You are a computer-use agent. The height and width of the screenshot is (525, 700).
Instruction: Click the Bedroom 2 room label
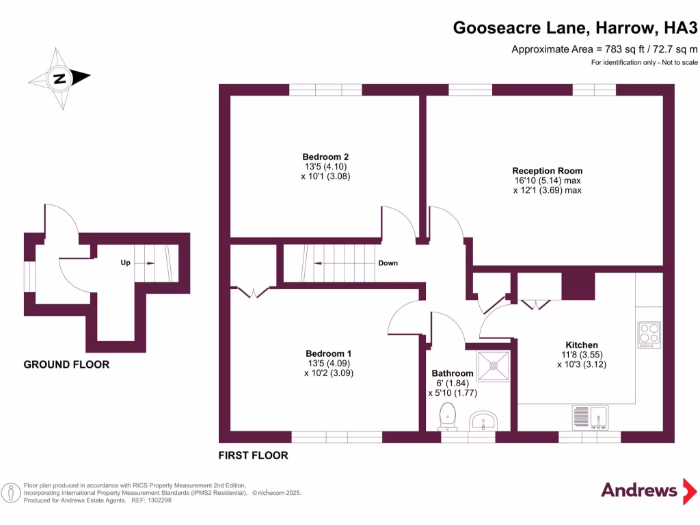(x=321, y=157)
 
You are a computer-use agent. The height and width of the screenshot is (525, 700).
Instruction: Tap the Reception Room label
(x=548, y=171)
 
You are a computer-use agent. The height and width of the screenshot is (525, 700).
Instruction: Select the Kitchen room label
(x=581, y=345)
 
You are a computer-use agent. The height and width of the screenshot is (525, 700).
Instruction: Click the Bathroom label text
(x=452, y=373)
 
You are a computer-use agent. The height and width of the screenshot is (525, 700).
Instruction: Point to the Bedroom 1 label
(x=328, y=353)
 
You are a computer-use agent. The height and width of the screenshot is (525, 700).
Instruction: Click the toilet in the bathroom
(x=448, y=415)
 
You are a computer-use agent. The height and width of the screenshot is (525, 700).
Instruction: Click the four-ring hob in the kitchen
(x=649, y=334)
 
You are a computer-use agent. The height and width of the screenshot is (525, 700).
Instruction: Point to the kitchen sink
(x=590, y=416)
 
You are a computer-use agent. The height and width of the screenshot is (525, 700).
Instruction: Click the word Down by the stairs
(x=388, y=263)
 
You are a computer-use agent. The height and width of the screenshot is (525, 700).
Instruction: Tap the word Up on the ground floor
(x=125, y=262)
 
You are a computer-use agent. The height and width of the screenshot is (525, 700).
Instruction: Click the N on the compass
(x=60, y=79)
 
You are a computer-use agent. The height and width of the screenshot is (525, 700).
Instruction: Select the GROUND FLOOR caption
(x=66, y=364)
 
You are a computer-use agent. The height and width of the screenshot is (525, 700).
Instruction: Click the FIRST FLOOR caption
(x=253, y=455)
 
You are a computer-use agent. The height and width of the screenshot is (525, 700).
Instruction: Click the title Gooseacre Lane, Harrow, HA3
(x=576, y=28)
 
